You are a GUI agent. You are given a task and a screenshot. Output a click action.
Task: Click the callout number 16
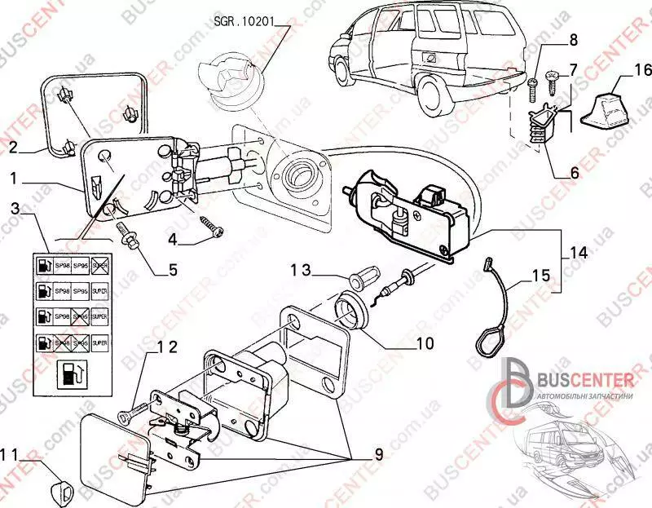pyautogui.click(x=622, y=71)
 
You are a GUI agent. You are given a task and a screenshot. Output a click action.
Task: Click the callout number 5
pyautogui.click(x=172, y=269)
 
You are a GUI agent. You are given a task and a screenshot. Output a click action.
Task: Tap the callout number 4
pyautogui.click(x=172, y=240)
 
